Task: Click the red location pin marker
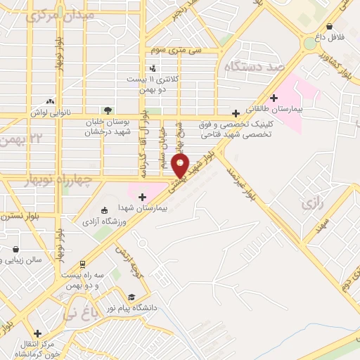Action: pyautogui.click(x=181, y=167)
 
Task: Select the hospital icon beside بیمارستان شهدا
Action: pyautogui.click(x=143, y=197)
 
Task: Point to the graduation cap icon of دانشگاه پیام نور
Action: pyautogui.click(x=131, y=296)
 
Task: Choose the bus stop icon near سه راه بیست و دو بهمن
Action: pyautogui.click(x=83, y=264)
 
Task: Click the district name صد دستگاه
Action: pyautogui.click(x=252, y=67)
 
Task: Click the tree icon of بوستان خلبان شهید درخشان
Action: pyautogui.click(x=107, y=110)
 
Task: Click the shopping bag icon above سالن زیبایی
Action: pyautogui.click(x=15, y=247)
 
